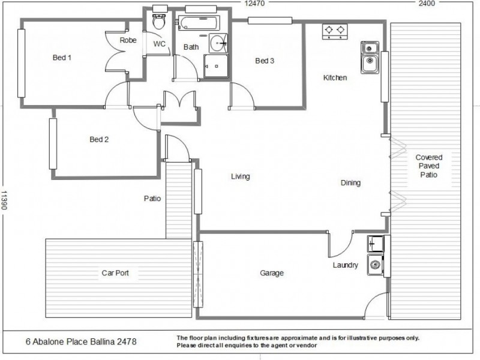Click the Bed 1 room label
pos(62,58)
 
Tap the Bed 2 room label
pos(99,140)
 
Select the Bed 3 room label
pos(265,61)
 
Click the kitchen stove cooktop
pos(334,31)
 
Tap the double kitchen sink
pos(368,54)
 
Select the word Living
pos(240,177)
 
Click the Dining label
pos(350,183)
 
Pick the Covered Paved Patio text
pos(428,166)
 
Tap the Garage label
pos(271,274)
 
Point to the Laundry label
pos(346,265)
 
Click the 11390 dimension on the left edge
pos(4,201)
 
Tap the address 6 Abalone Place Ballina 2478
pos(81,342)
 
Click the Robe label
pos(128,41)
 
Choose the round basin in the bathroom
pos(218,44)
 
